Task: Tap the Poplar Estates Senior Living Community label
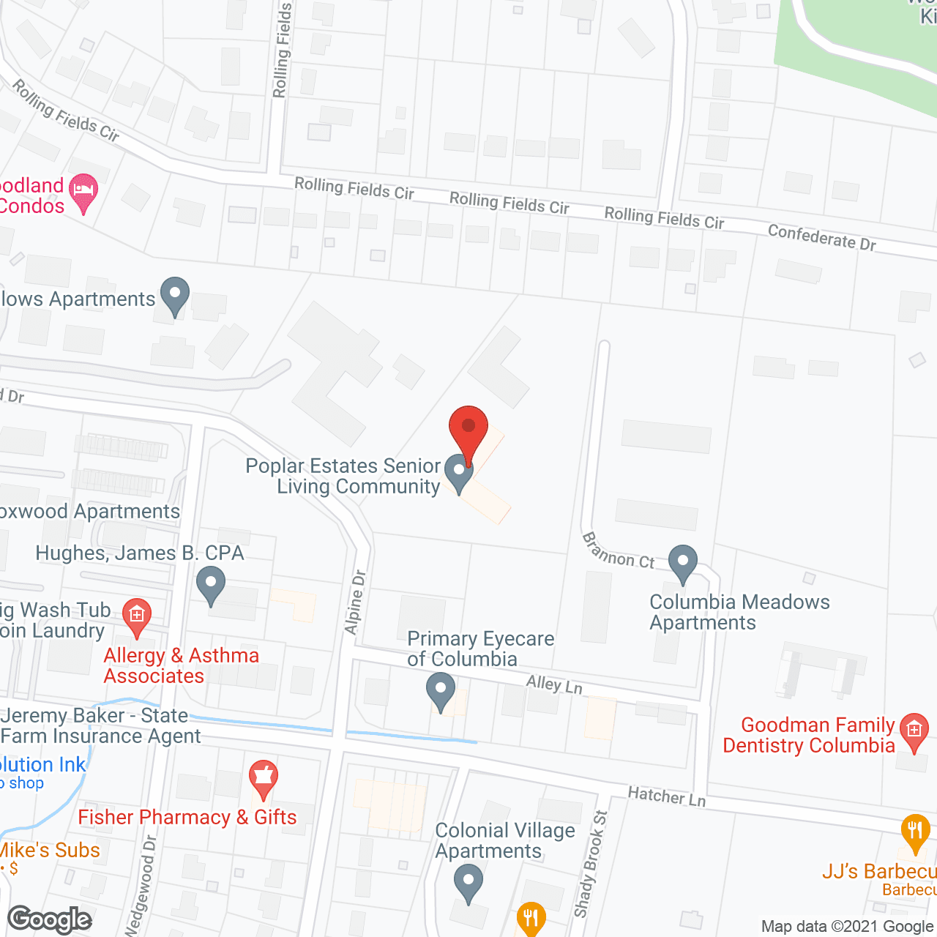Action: tap(343, 476)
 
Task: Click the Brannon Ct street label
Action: tap(618, 551)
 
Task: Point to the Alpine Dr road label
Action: tap(355, 602)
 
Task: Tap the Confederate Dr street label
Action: tap(821, 237)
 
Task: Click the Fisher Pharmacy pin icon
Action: tap(264, 780)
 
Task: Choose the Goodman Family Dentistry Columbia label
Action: tap(809, 735)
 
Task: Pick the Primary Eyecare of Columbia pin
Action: tap(441, 693)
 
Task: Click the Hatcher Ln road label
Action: tap(666, 796)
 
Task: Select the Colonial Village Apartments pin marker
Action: tap(468, 883)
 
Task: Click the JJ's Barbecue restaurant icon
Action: tap(915, 832)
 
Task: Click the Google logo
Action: tap(50, 919)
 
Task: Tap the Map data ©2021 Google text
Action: tap(848, 927)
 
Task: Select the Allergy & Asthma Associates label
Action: tap(182, 665)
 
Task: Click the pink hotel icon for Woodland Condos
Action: tap(83, 192)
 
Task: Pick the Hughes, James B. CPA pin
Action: tap(211, 587)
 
